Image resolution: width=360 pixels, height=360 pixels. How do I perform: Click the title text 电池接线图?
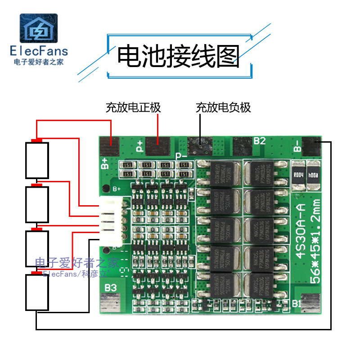pyautogui.click(x=178, y=56)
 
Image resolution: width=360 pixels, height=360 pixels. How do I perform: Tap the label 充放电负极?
pyautogui.click(x=223, y=108)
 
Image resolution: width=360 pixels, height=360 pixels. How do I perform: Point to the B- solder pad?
pyautogui.click(x=311, y=146)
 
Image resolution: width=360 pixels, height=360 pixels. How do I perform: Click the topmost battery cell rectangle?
pyautogui.click(x=36, y=160)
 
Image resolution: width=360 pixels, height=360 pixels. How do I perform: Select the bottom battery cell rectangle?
pyautogui.click(x=36, y=292)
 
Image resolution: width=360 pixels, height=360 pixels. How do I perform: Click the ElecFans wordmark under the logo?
pyautogui.click(x=38, y=50)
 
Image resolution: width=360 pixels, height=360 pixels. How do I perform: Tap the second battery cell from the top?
pyautogui.click(x=36, y=204)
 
